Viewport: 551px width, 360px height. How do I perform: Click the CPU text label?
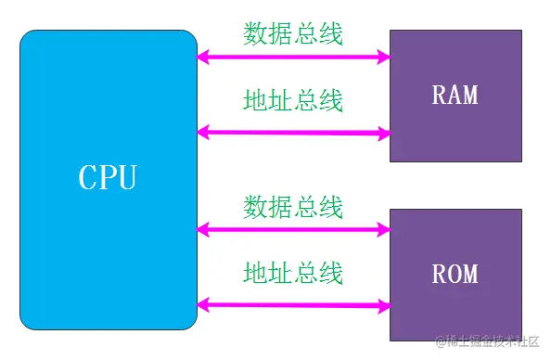108,177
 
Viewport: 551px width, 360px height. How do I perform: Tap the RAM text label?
455,95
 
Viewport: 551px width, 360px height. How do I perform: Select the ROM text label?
455,274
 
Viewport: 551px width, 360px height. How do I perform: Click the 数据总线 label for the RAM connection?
293,34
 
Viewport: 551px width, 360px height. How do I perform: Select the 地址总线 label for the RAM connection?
293,100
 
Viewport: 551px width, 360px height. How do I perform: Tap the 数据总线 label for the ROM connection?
293,206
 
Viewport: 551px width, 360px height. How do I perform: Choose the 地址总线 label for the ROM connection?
293,273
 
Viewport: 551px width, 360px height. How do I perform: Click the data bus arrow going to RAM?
293,58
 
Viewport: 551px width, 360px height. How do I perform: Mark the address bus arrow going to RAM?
293,133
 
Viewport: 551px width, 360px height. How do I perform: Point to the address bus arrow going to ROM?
293,303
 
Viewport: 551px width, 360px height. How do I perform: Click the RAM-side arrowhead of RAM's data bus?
382,58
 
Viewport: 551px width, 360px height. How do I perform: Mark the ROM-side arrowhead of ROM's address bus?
382,304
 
